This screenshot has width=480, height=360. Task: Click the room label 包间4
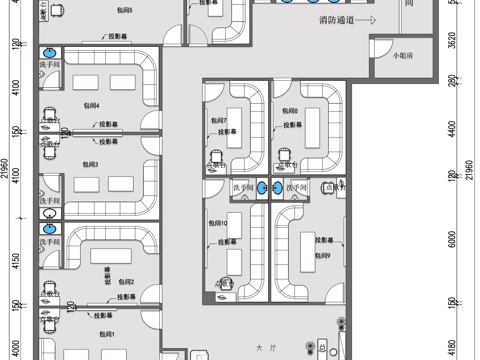[x=91, y=104]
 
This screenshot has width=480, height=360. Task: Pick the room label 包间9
[x=322, y=257]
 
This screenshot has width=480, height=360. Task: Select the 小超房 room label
[x=402, y=55]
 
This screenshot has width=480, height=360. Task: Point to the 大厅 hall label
[x=264, y=349]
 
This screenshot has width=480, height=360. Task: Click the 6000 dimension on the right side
[x=451, y=241]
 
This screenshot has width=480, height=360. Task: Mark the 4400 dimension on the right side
[x=451, y=130]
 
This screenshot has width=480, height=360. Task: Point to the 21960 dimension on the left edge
[x=5, y=179]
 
